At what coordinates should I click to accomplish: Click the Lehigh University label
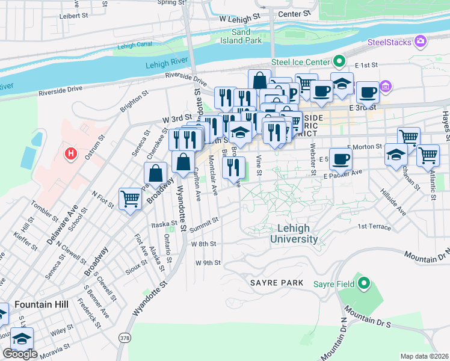(294, 233)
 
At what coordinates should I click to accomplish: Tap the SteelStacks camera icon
(421, 42)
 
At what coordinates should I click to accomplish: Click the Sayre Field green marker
(363, 282)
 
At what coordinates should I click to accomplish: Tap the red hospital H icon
(72, 154)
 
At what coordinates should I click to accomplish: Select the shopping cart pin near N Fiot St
(131, 199)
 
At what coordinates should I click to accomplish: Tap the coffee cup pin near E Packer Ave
(341, 159)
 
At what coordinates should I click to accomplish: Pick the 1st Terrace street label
(374, 227)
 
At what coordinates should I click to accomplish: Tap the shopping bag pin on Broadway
(155, 174)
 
